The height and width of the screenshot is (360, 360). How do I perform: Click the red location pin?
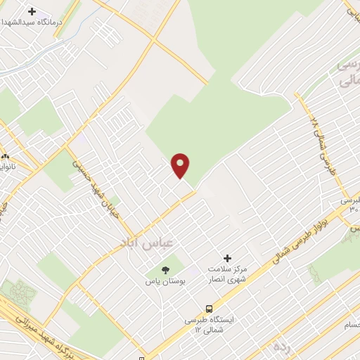coord(181,165)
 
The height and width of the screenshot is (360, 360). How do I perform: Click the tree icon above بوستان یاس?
coord(165,269)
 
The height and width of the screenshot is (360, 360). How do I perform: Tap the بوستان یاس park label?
coord(165,281)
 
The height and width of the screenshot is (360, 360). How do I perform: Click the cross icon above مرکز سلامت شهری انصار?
coord(227,258)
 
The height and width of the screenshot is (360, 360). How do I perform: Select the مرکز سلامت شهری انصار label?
coord(226,275)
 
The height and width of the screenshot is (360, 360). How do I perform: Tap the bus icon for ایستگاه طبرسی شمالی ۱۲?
coord(209,308)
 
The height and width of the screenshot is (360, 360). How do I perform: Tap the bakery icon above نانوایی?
coord(5,156)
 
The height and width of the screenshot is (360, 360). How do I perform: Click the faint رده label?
coord(282,347)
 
